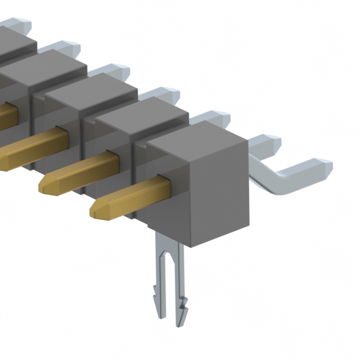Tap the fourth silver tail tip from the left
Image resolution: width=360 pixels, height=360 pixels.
tap(169, 94)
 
